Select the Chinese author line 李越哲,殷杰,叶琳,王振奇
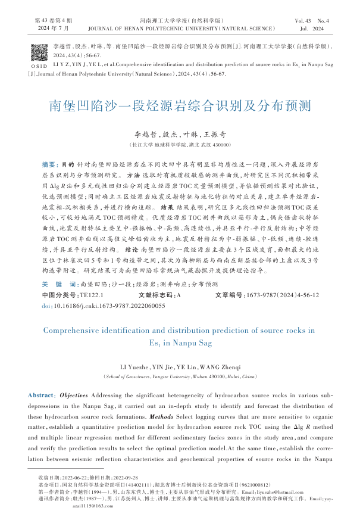coord(180,135)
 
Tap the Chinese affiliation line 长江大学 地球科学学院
coord(180,145)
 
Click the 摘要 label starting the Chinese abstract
coord(50,163)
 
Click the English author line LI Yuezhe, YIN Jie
coord(180,366)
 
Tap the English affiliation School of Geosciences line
coord(180,376)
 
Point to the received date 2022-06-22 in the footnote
coord(71,478)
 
